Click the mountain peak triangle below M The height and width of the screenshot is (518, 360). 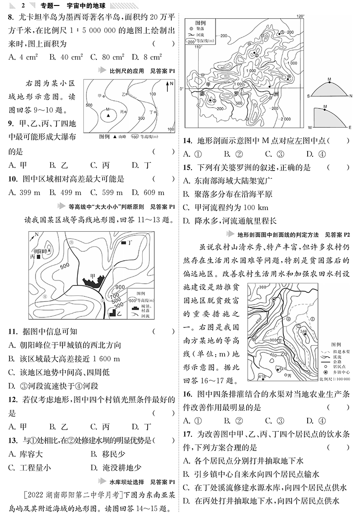(x=108, y=117)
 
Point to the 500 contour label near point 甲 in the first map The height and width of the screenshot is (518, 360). (x=89, y=105)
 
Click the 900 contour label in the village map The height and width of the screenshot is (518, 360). (x=120, y=287)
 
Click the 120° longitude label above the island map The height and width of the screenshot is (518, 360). (x=299, y=16)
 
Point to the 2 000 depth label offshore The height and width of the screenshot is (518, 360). (x=285, y=119)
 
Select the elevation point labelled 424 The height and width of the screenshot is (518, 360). (x=283, y=368)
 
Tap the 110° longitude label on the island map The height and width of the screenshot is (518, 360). (x=197, y=47)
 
